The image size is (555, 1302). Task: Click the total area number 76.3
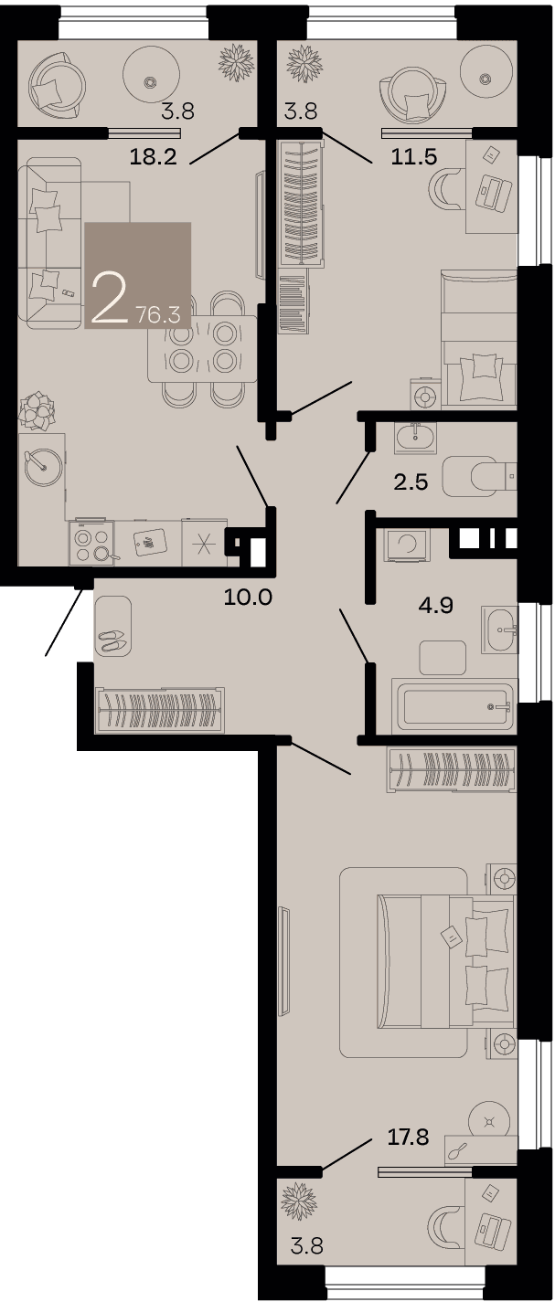coord(158,315)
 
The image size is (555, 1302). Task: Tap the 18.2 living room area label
coord(153,156)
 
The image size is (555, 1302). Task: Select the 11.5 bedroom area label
coord(413,156)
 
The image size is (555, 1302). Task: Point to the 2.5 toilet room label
coord(411,482)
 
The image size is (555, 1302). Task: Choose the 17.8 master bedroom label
coord(409,1137)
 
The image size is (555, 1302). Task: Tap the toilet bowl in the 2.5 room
coord(479,477)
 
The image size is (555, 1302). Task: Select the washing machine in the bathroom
coord(406,545)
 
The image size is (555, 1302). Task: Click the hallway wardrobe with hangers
coord(160,710)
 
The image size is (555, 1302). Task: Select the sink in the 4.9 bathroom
coord(500,629)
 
